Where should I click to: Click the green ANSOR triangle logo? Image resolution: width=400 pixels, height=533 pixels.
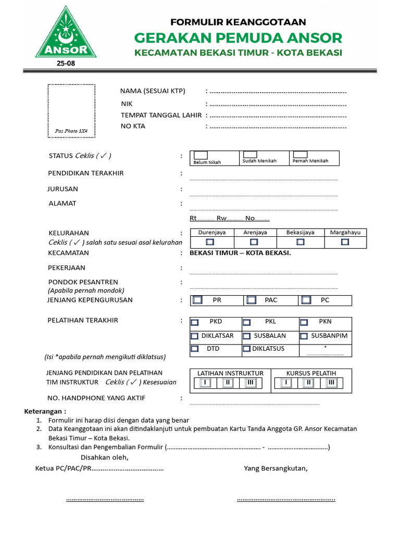(x=66, y=34)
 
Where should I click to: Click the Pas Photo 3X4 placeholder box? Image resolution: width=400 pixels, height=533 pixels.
(x=71, y=110)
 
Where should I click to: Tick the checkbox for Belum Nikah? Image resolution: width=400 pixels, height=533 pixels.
(x=201, y=155)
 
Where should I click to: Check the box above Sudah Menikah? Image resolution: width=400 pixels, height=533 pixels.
(x=251, y=155)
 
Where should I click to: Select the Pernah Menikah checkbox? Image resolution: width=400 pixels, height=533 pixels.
(x=300, y=155)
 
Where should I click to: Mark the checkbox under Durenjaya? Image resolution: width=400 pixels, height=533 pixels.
(x=210, y=242)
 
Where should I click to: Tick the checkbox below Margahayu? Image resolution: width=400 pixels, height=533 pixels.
(x=345, y=242)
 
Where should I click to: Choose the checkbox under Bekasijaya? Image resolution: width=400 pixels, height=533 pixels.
(x=300, y=242)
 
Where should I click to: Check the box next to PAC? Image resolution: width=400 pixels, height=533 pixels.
(x=252, y=300)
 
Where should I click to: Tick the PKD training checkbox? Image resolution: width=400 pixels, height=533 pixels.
(x=194, y=322)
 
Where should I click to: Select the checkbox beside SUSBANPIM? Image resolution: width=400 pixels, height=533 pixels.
(x=304, y=336)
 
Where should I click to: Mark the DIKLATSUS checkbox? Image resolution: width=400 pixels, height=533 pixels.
(x=246, y=349)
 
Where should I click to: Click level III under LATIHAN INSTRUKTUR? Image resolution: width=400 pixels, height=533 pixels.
(x=250, y=383)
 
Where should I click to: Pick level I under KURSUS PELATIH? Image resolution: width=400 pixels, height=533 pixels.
(x=286, y=383)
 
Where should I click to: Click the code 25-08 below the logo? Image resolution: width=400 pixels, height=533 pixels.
(x=66, y=64)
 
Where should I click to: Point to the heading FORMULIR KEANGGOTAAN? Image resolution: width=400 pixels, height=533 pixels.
(x=238, y=22)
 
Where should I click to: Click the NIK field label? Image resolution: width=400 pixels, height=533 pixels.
(x=127, y=104)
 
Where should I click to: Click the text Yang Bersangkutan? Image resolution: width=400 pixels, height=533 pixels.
(x=276, y=468)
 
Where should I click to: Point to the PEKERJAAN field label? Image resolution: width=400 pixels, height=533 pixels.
(x=66, y=268)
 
